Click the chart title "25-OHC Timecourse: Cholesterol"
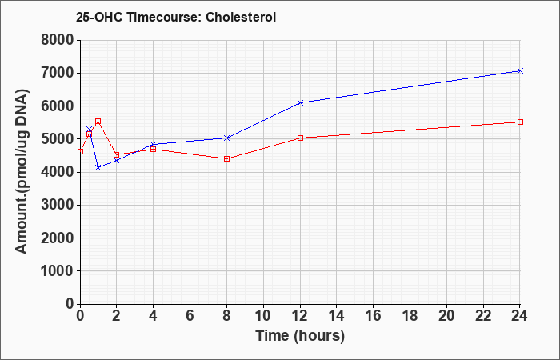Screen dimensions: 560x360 [x=176, y=17]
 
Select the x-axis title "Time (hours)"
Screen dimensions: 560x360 [x=300, y=336]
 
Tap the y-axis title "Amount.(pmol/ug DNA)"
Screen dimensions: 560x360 [x=22, y=172]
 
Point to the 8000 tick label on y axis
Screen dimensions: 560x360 [x=58, y=40]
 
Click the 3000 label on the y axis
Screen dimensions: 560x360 [x=58, y=205]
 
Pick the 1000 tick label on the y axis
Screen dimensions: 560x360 [x=58, y=271]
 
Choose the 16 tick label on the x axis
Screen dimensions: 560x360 [x=374, y=316]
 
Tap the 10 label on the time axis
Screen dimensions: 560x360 [x=263, y=316]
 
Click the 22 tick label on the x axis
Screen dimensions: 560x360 [x=483, y=316]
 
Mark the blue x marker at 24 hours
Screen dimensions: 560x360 [x=520, y=70]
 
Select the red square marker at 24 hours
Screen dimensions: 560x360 [x=520, y=122]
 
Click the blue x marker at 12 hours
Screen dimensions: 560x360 [x=300, y=102]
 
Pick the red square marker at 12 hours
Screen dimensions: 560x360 [x=300, y=138]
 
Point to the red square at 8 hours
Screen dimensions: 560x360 [x=226, y=158]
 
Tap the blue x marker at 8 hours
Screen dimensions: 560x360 [x=226, y=138]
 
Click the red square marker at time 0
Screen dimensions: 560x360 [x=80, y=152]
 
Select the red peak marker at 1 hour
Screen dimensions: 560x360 [x=98, y=122]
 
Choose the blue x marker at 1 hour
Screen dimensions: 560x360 [x=98, y=167]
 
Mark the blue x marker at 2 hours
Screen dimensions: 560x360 [x=117, y=161]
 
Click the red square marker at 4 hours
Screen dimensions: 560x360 [x=154, y=149]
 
